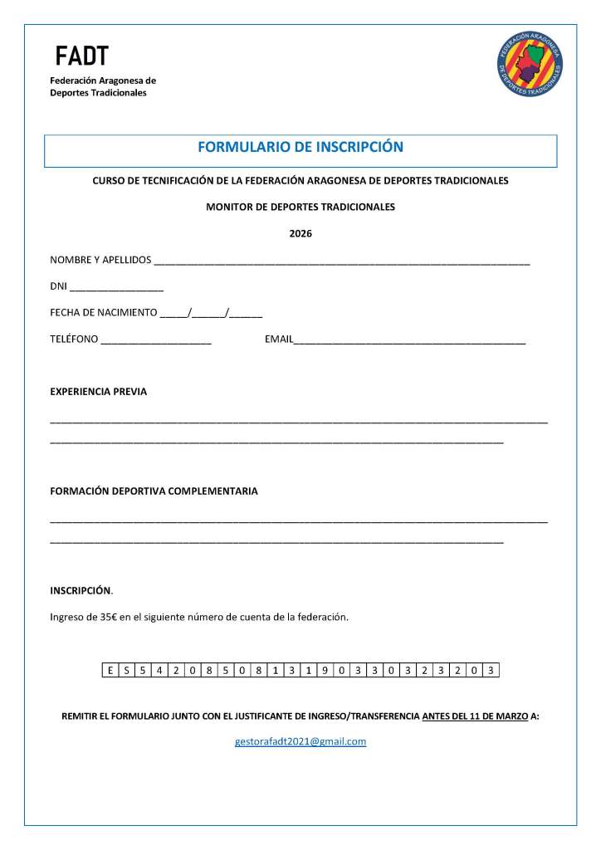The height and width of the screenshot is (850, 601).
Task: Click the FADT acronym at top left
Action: tap(81, 56)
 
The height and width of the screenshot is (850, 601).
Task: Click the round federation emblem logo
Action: tap(530, 64)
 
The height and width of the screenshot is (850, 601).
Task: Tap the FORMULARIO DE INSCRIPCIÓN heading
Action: tap(300, 148)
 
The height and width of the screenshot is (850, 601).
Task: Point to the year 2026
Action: tap(300, 234)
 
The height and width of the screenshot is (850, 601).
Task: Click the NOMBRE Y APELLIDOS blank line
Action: tap(341, 261)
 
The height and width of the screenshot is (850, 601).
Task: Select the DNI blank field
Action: tap(116, 289)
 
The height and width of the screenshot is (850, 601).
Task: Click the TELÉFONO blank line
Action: tap(156, 341)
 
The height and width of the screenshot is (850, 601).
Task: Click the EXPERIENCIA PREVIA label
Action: tap(99, 392)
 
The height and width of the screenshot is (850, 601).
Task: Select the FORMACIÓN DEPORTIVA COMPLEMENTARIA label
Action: tap(154, 491)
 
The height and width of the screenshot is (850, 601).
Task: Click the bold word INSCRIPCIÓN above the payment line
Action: tap(81, 591)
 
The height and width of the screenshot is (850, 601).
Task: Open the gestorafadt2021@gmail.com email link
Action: tap(300, 741)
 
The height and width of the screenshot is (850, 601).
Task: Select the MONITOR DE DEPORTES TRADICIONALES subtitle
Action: tap(300, 208)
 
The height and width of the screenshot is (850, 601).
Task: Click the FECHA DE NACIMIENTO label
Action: tap(104, 313)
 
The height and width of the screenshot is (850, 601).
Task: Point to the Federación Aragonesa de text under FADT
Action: tap(103, 81)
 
